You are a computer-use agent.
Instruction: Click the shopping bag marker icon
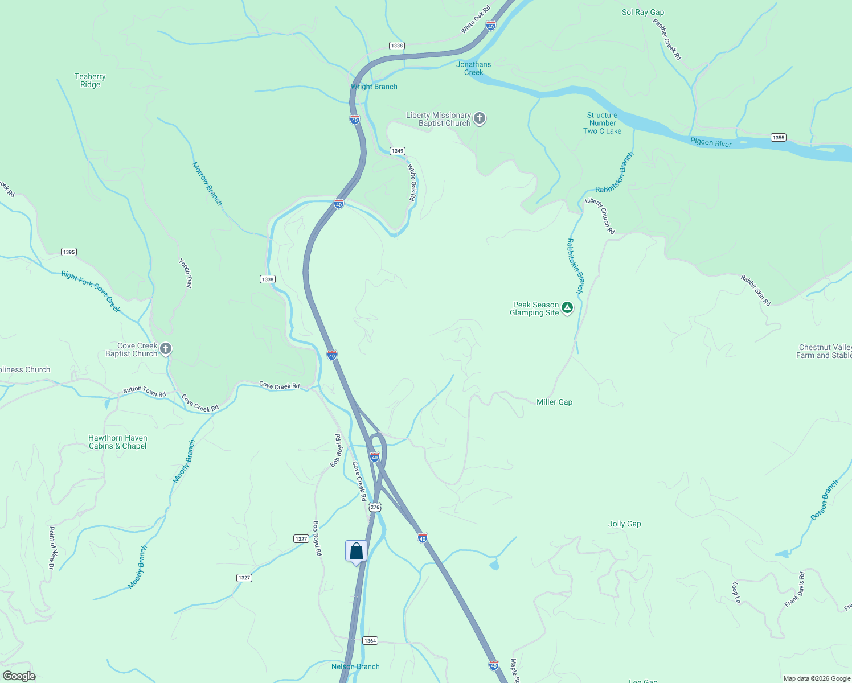(356, 551)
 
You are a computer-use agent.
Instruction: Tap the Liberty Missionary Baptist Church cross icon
(480, 118)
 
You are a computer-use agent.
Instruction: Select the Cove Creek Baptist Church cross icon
(166, 349)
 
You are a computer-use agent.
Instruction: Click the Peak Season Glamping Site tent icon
(567, 308)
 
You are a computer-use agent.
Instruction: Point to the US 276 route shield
(374, 507)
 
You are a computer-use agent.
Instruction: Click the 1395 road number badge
(69, 252)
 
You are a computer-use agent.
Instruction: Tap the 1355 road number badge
(778, 137)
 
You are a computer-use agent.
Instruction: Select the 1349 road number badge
(397, 151)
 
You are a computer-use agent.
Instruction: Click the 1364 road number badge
(370, 641)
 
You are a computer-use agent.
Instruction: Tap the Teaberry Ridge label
(90, 80)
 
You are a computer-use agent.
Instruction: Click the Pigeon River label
(711, 142)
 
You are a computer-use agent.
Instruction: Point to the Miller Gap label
(554, 402)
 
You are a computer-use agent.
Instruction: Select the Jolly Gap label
(624, 524)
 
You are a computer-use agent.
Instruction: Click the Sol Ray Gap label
(642, 12)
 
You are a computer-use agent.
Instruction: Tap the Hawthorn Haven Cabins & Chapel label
(118, 442)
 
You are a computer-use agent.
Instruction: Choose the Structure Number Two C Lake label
(602, 123)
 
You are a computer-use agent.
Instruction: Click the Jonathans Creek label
(473, 68)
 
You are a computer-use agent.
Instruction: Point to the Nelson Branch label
(355, 666)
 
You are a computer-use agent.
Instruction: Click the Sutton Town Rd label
(145, 391)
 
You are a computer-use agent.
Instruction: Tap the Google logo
(19, 676)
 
